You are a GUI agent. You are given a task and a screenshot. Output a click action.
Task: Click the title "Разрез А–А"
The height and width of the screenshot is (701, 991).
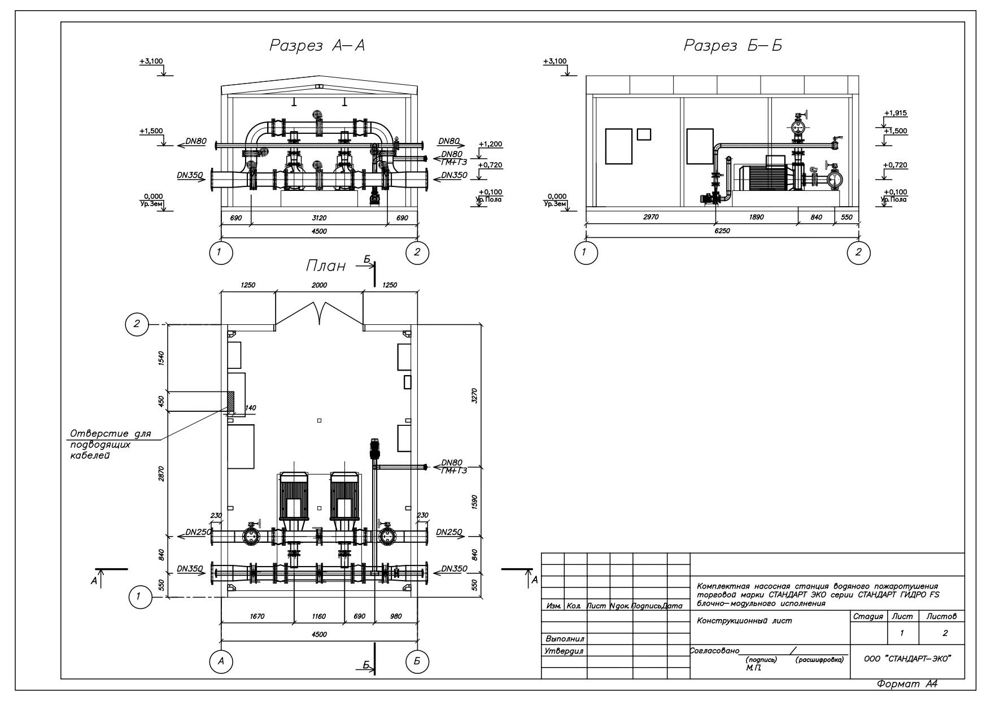[317, 46]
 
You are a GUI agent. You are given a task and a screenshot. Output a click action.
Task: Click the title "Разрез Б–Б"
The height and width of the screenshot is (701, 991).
[733, 46]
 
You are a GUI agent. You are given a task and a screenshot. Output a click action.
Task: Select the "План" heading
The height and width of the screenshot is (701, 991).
[326, 265]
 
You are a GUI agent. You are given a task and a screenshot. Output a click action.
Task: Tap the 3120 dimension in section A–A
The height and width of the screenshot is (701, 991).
[320, 218]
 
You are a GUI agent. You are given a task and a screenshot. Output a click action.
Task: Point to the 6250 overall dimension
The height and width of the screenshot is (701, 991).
[722, 230]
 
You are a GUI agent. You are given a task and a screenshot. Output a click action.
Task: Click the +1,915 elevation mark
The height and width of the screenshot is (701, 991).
[896, 114]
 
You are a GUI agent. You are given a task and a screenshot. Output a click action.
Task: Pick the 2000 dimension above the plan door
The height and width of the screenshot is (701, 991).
[320, 285]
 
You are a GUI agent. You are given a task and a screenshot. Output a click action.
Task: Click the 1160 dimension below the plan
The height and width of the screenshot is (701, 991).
[319, 616]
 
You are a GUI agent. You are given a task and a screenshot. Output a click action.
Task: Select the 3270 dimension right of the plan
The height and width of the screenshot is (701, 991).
[475, 395]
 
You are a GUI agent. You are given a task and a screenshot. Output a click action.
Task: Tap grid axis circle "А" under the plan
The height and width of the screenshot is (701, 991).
[221, 661]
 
